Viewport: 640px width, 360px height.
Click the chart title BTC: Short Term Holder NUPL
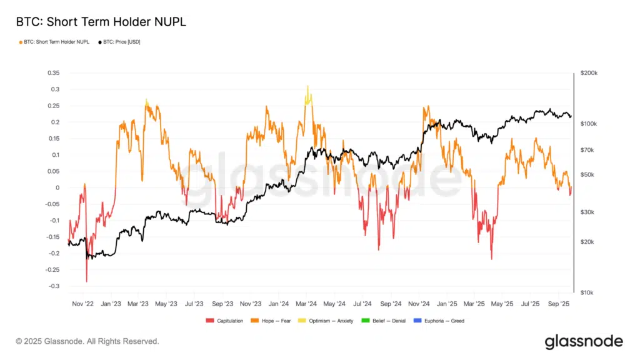click(x=101, y=22)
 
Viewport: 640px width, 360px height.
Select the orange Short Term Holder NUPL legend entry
click(x=55, y=42)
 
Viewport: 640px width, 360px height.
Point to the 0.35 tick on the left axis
click(x=54, y=73)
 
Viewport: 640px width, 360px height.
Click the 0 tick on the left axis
click(x=58, y=187)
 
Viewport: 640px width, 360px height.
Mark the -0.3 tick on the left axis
click(x=54, y=286)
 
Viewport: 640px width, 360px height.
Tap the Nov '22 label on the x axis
click(x=82, y=304)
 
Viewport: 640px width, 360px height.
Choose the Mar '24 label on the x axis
click(x=306, y=304)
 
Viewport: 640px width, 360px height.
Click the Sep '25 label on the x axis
click(x=557, y=304)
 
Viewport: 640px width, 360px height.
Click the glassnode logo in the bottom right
click(x=583, y=341)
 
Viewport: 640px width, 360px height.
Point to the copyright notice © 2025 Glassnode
click(x=87, y=341)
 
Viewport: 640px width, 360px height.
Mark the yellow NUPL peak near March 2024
click(x=307, y=87)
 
